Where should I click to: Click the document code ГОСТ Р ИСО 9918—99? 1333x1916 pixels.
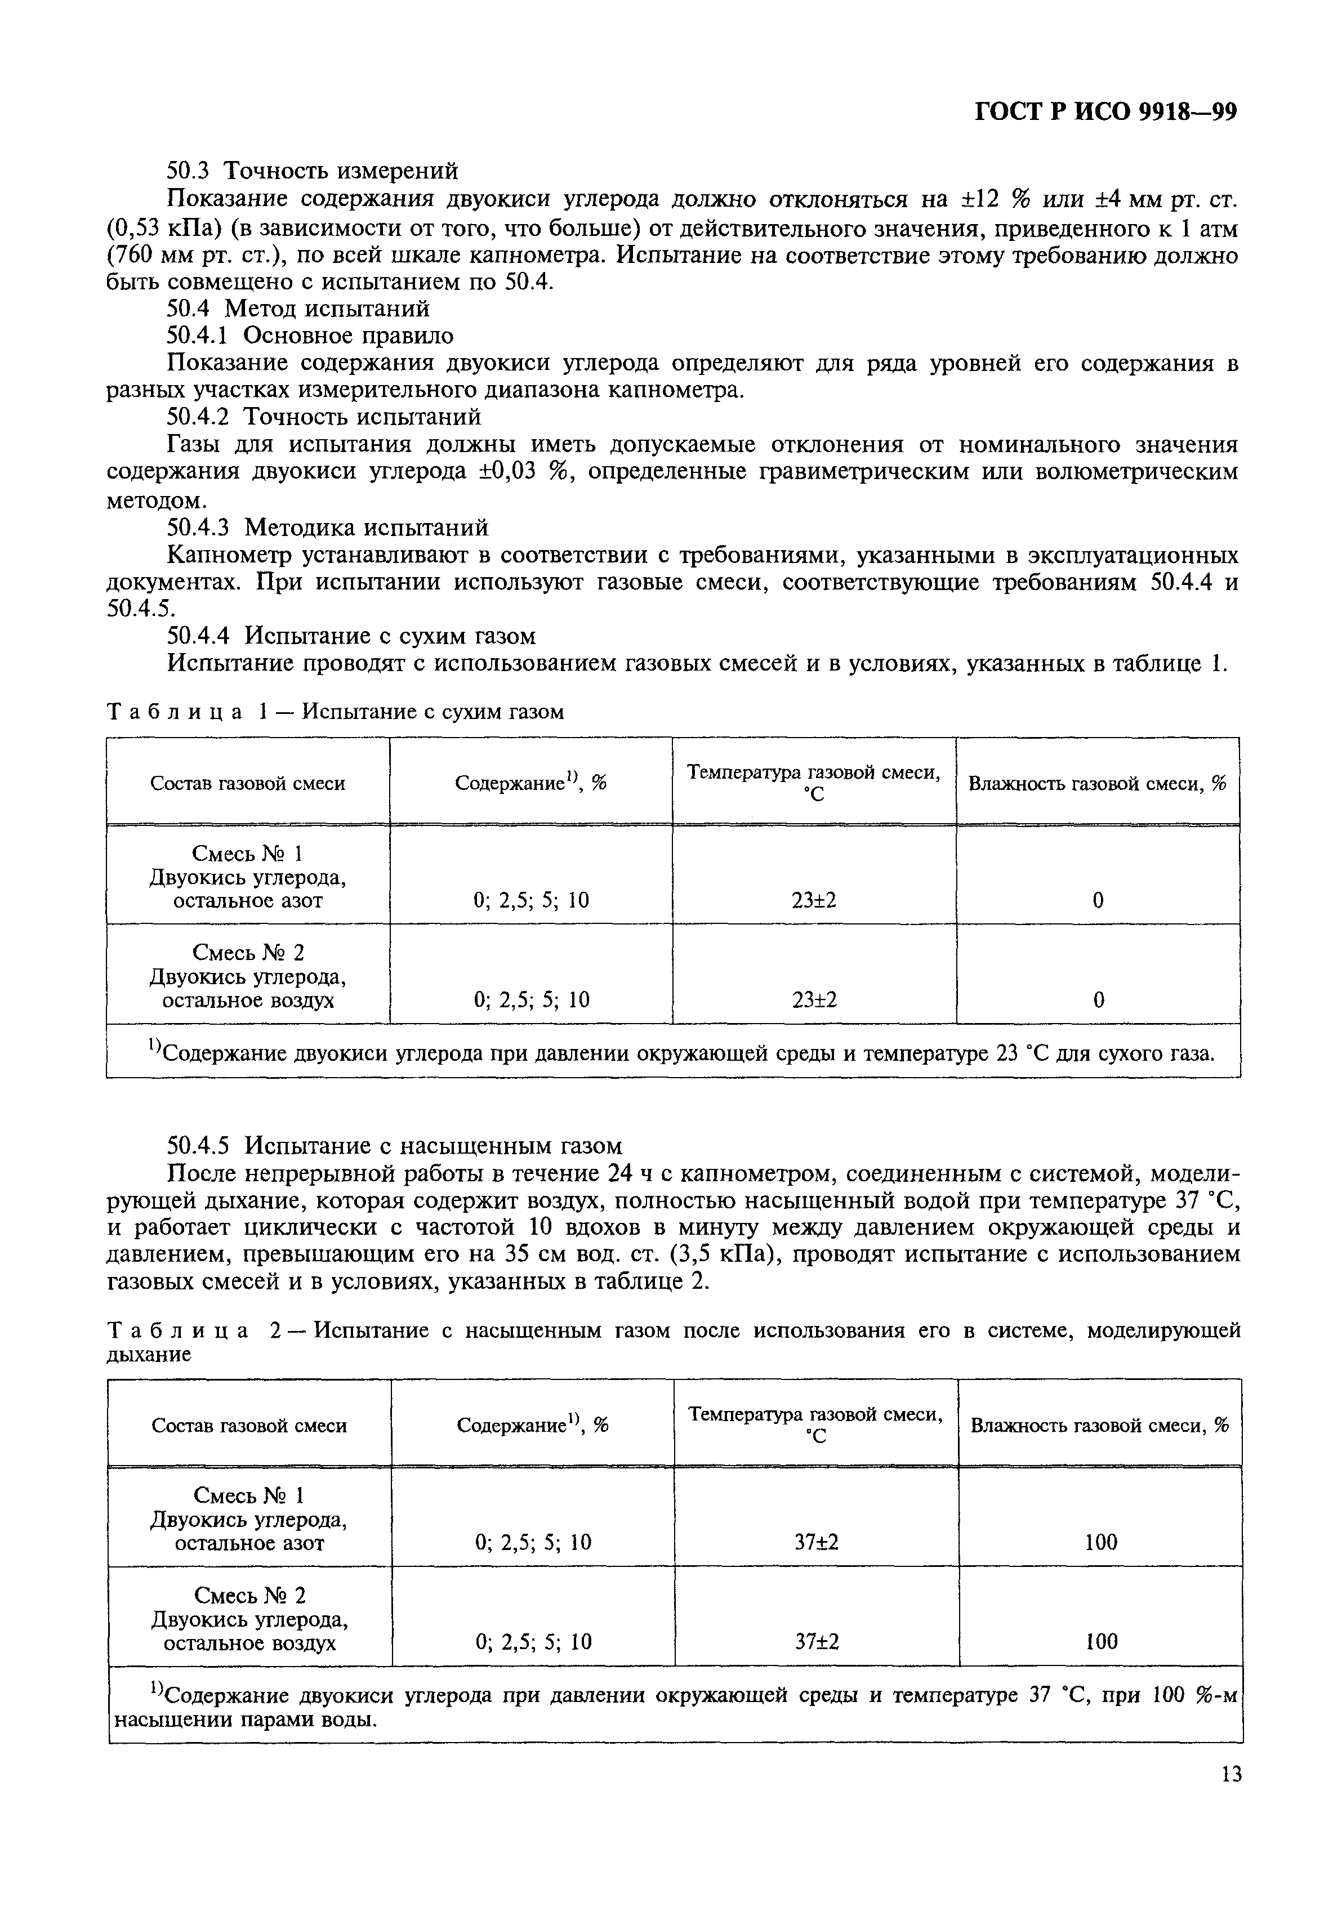1105,112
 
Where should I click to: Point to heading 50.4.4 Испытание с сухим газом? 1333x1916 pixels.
351,636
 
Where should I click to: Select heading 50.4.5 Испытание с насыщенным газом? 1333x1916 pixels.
395,1145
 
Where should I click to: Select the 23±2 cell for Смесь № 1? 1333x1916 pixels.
814,900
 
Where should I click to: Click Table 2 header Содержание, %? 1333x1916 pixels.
533,1426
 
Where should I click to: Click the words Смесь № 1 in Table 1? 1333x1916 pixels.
248,853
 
